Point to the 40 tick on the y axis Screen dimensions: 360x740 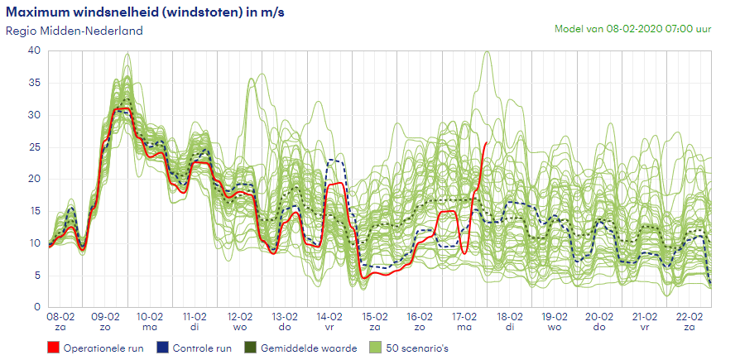pyautogui.click(x=34, y=50)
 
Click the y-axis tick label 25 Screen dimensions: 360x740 pyautogui.click(x=34, y=146)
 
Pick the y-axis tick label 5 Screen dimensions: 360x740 pyautogui.click(x=37, y=276)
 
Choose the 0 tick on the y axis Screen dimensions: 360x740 pyautogui.click(x=37, y=307)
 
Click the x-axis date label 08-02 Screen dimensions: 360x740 pyautogui.click(x=61, y=317)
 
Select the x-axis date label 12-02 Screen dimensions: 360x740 pyautogui.click(x=241, y=317)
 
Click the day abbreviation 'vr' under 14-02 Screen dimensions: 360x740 pyautogui.click(x=330, y=328)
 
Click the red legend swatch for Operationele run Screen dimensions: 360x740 pyautogui.click(x=54, y=348)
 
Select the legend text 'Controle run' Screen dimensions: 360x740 pyautogui.click(x=202, y=348)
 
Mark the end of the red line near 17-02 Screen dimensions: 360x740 pyautogui.click(x=486, y=142)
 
